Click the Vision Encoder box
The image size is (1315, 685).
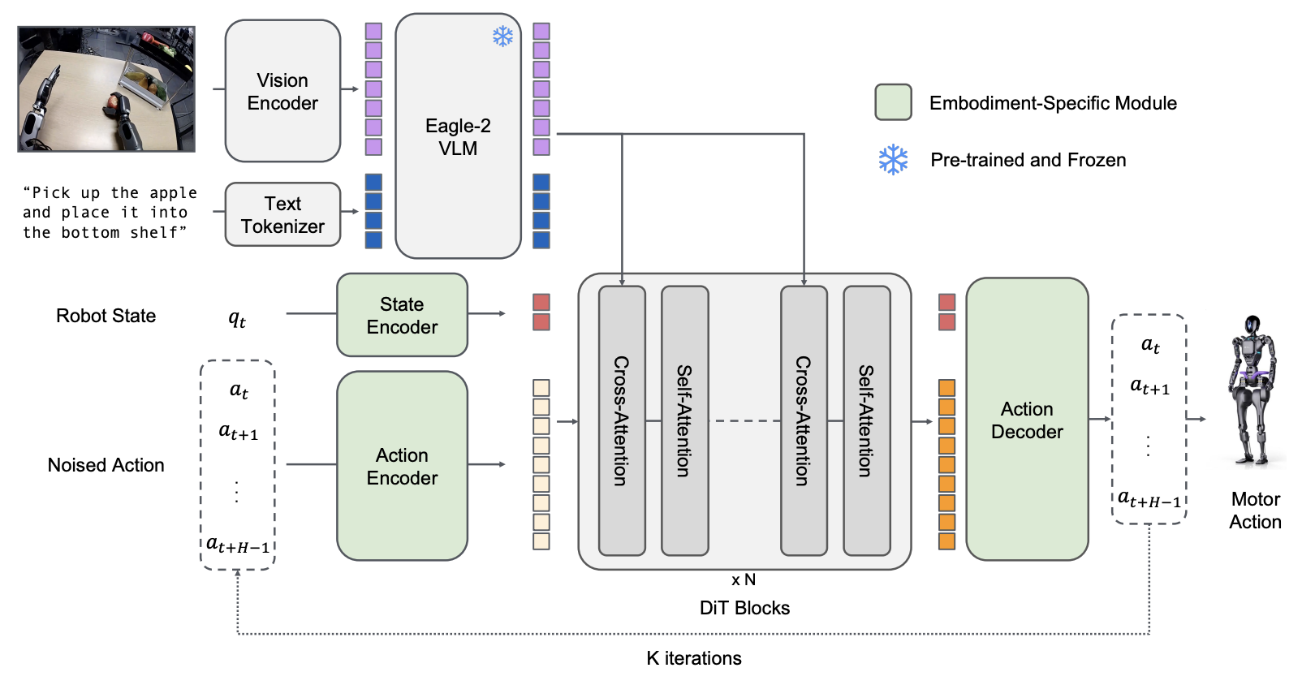[x=282, y=91]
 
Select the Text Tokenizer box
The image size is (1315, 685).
[x=282, y=214]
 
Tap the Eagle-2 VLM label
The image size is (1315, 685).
[x=458, y=136]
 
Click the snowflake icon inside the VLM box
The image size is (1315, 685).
[x=503, y=37]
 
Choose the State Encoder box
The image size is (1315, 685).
[x=402, y=315]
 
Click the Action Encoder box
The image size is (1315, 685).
[x=402, y=466]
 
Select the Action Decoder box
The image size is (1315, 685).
[x=1027, y=420]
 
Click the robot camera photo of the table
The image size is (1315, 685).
[x=106, y=89]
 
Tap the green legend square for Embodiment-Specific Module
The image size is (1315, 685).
[x=893, y=102]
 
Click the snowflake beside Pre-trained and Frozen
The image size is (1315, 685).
[x=893, y=160]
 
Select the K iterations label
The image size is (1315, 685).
[x=694, y=658]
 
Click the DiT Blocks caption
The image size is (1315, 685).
[x=744, y=608]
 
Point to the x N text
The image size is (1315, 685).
[x=744, y=579]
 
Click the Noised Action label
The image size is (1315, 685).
[x=106, y=465]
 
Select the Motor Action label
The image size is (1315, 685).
[x=1255, y=511]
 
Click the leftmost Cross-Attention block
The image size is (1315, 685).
[x=622, y=420]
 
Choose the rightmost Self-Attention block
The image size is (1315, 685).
[x=867, y=420]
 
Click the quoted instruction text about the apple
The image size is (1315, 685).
[x=110, y=213]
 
